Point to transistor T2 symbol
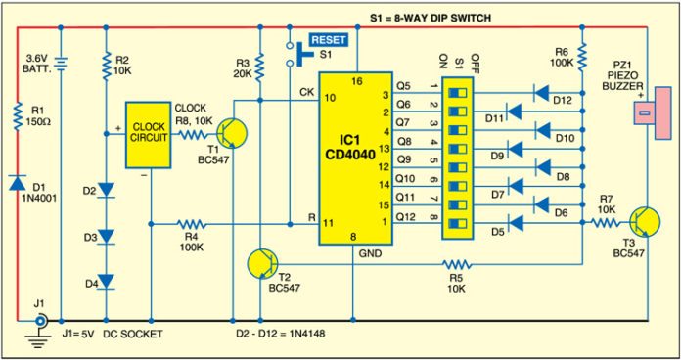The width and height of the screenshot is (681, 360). (x=263, y=263)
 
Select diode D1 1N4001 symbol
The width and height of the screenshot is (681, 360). (x=19, y=183)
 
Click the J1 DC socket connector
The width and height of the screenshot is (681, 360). (x=39, y=320)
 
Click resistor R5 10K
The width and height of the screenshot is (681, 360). (x=456, y=263)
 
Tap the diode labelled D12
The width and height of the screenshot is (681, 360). (x=537, y=94)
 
